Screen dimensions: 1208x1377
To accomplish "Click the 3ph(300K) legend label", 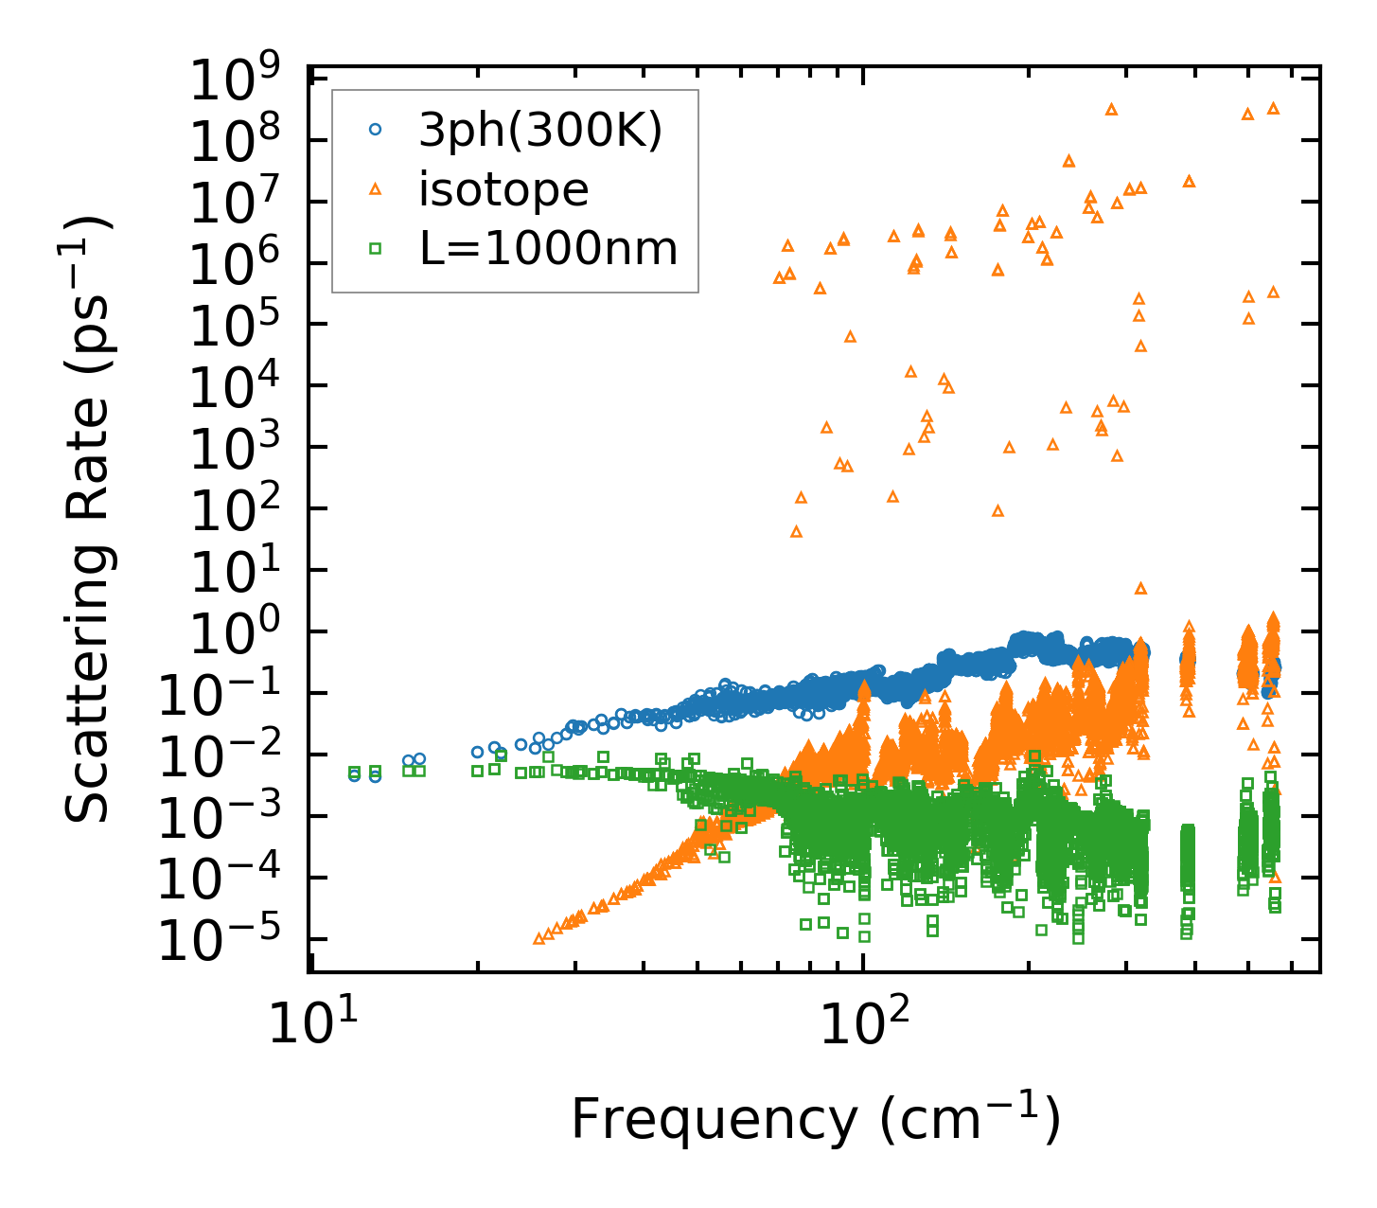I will [540, 132].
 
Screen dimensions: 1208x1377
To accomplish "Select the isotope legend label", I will [503, 190].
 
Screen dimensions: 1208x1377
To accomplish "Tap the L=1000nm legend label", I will [548, 249].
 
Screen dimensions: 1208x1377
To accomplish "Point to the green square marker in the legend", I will [376, 249].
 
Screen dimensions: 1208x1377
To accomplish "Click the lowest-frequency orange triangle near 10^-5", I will [539, 938].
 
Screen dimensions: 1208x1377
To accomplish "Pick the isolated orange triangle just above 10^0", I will [1140, 588].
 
